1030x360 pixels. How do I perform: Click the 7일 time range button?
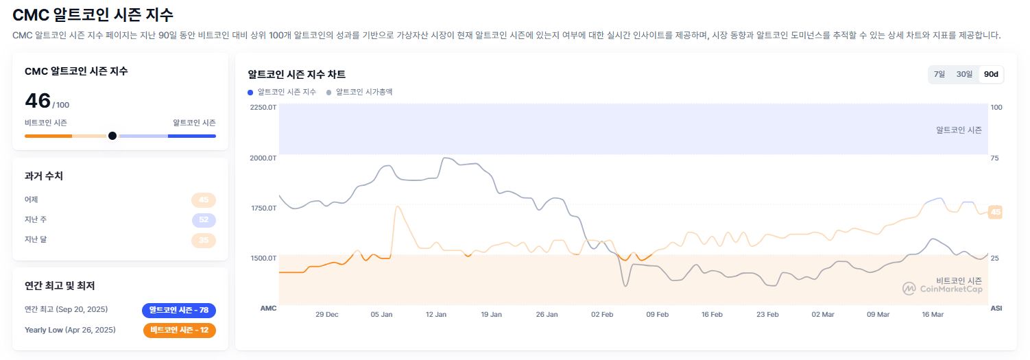939,74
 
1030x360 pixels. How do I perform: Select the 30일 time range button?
964,74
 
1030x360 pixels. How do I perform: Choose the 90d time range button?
991,74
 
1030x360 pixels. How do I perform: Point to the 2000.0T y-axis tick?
263,158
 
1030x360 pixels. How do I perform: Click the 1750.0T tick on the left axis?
263,208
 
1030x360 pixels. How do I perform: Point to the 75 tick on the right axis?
995,158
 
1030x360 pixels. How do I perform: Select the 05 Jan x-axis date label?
381,314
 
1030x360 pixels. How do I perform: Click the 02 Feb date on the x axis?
602,314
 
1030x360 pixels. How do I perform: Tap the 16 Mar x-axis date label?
933,314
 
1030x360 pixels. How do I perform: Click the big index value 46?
38,101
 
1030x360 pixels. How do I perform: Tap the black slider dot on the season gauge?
112,136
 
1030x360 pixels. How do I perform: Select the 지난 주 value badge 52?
204,220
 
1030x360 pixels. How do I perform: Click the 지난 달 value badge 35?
204,240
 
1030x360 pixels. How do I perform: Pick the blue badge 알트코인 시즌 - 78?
179,310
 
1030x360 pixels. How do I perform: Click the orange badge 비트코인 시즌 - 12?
179,330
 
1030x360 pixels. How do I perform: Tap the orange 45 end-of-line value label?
996,212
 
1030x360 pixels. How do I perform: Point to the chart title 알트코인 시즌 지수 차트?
296,74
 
